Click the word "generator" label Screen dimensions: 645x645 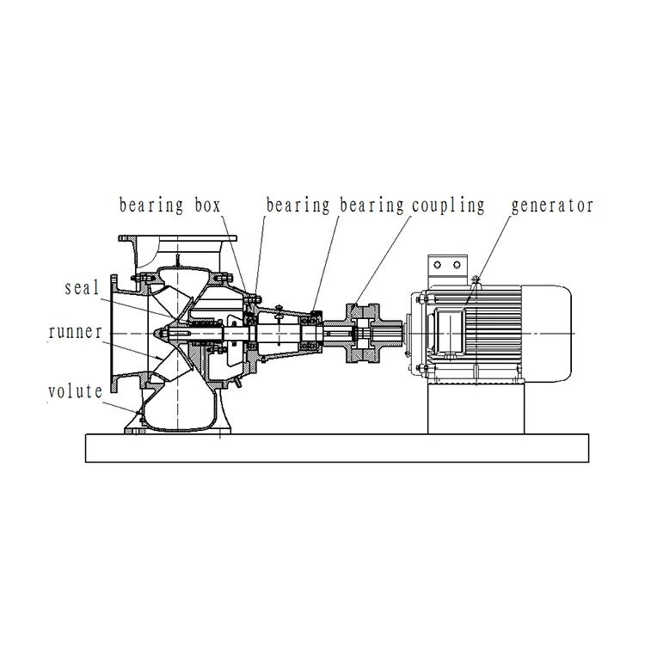pyautogui.click(x=552, y=206)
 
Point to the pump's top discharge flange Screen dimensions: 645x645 pyautogui.click(x=178, y=240)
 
